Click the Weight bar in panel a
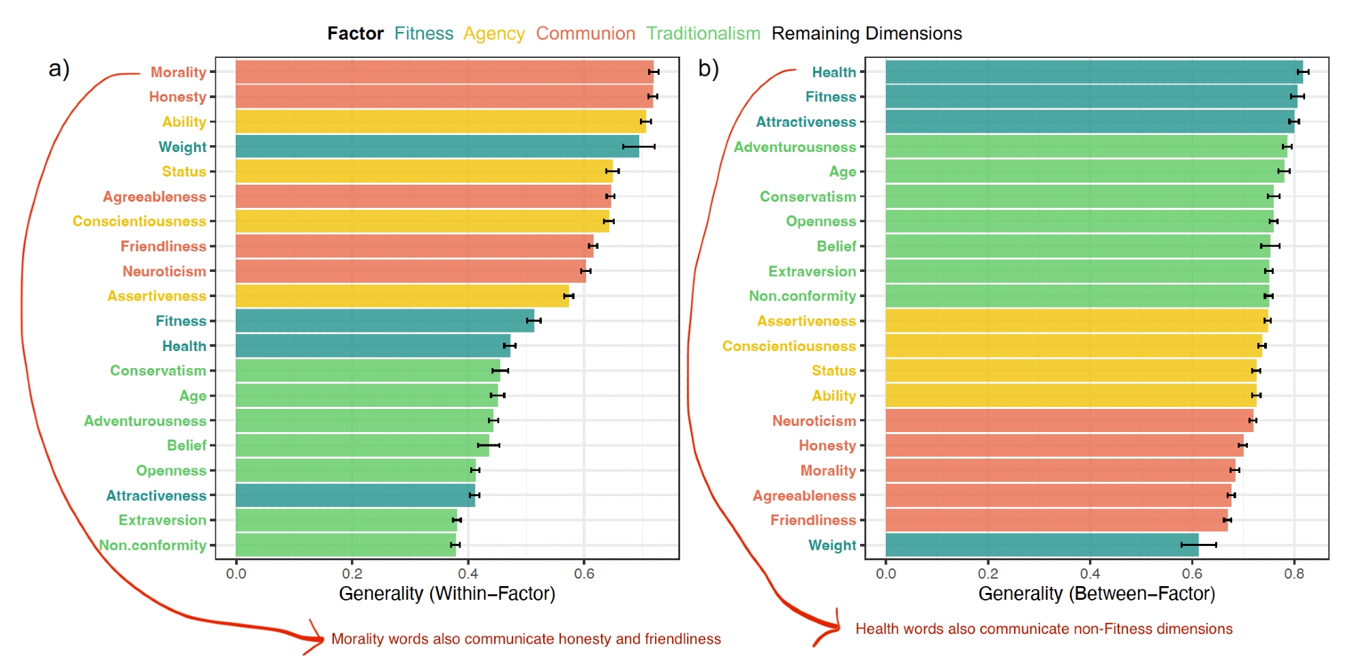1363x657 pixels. (437, 147)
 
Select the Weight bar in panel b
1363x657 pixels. (1041, 545)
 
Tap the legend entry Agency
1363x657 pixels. (493, 33)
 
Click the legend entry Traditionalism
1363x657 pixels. (703, 33)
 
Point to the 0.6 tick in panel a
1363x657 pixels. (584, 573)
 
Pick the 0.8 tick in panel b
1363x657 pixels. (1293, 573)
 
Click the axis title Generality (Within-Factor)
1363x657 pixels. (447, 594)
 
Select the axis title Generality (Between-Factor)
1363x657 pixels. (1097, 594)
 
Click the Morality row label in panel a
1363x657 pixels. (178, 72)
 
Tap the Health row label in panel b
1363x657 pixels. (833, 72)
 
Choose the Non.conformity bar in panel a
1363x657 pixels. (346, 545)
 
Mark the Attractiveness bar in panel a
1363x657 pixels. (355, 495)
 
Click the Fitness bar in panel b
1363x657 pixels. (1091, 97)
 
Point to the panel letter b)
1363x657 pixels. (709, 69)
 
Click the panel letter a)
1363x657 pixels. (59, 69)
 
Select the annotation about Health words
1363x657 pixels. (1043, 629)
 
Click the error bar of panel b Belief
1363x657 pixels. (1270, 246)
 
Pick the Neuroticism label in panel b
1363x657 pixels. (814, 421)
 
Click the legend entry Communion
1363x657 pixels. (585, 33)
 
